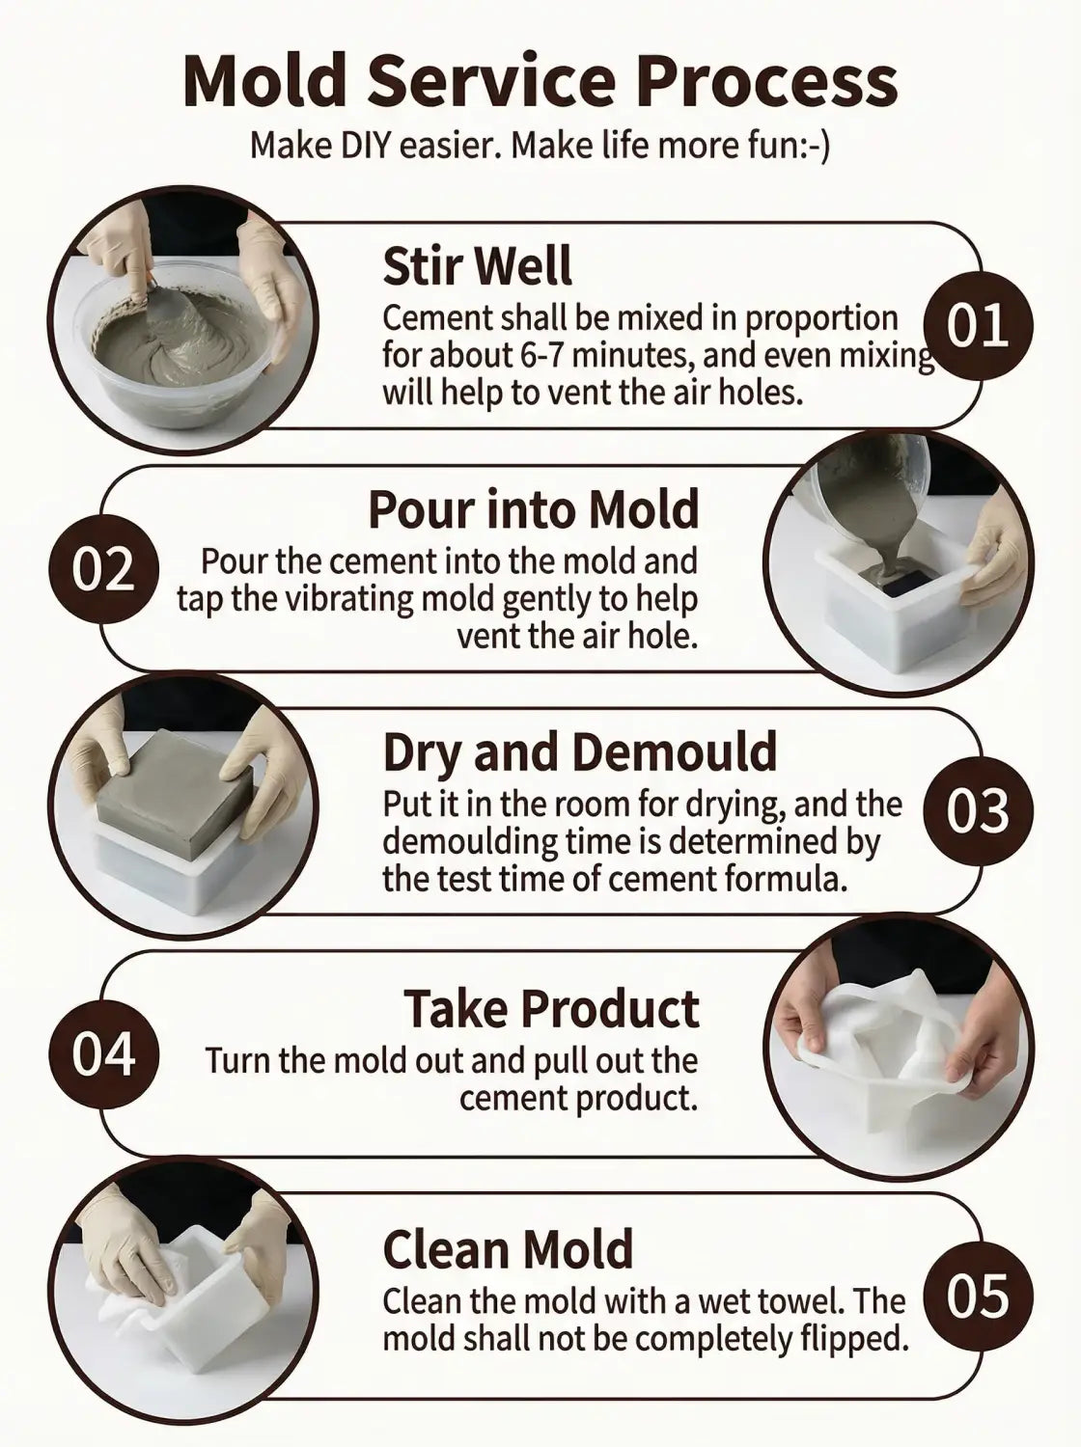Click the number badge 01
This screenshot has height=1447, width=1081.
979,326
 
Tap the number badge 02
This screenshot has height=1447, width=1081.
103,569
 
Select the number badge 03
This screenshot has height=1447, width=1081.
979,811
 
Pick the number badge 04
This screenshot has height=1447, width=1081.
103,1054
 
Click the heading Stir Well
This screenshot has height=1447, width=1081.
477,265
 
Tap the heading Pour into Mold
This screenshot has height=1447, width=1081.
534,508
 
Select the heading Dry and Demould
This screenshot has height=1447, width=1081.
580,752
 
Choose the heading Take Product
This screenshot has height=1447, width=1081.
552,1008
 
